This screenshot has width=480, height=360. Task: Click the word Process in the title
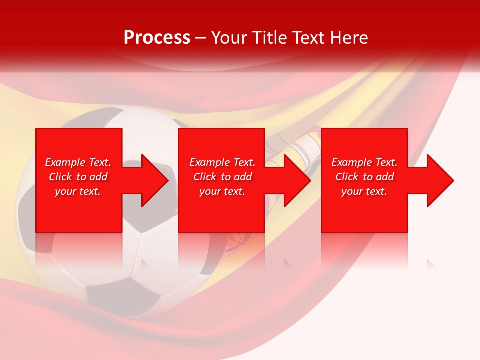(157, 38)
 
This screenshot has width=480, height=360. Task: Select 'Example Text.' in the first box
(78, 162)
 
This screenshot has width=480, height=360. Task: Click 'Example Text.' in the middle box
(222, 162)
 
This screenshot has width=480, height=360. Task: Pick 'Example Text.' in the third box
(364, 162)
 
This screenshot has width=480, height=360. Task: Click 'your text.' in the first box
(78, 191)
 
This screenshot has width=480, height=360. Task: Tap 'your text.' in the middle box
(222, 191)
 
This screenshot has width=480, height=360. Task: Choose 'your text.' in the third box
(364, 191)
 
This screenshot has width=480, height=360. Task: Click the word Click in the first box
(61, 177)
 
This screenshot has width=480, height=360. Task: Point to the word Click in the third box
(347, 177)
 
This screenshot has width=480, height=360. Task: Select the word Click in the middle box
(205, 177)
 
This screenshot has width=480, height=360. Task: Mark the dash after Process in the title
(200, 38)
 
